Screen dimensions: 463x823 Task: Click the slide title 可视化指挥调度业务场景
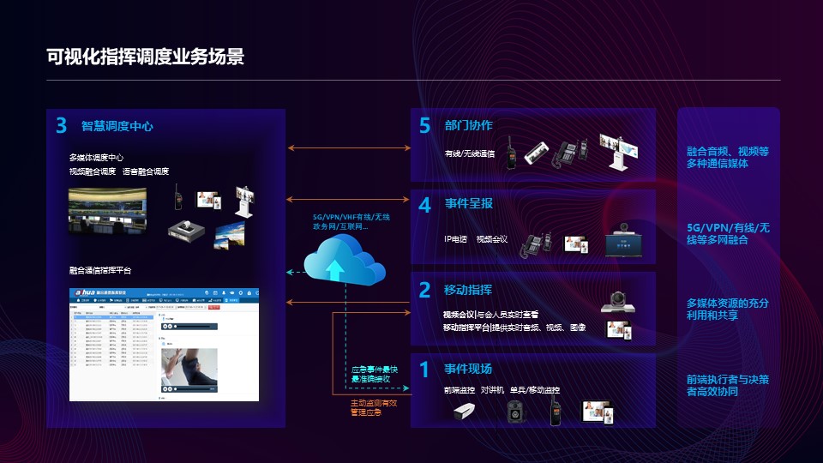coord(146,57)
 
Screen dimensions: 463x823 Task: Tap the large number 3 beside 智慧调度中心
coord(61,126)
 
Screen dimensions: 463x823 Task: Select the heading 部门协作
coord(468,125)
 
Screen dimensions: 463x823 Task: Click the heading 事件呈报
coord(468,204)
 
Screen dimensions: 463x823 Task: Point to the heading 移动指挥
coord(468,290)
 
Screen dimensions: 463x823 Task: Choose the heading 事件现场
coord(468,369)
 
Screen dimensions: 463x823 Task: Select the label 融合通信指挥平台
coord(100,270)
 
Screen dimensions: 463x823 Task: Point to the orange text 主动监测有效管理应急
coord(373,407)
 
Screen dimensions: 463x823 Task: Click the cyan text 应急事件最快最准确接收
coord(373,374)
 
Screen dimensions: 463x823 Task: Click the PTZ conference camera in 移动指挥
coord(617,300)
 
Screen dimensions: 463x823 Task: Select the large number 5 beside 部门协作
coord(424,126)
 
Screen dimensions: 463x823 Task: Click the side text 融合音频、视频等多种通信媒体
coord(728,157)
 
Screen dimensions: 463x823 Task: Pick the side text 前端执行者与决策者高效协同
coord(728,385)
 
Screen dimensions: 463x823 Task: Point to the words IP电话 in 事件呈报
coord(455,239)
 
